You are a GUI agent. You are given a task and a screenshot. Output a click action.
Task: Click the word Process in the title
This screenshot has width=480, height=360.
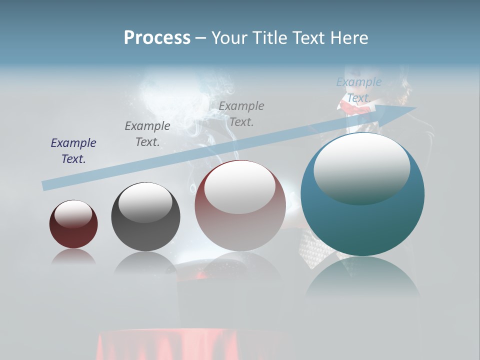[157, 38]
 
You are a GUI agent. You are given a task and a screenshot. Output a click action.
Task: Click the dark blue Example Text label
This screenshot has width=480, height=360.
[73, 151]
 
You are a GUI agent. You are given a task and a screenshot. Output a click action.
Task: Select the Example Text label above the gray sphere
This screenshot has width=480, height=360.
[147, 134]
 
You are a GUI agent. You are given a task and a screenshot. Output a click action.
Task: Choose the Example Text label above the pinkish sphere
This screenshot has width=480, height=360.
[241, 113]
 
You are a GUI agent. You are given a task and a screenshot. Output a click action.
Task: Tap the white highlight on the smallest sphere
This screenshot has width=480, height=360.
[73, 214]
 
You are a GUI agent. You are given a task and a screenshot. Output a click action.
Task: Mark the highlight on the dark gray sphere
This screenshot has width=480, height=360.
[145, 202]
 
